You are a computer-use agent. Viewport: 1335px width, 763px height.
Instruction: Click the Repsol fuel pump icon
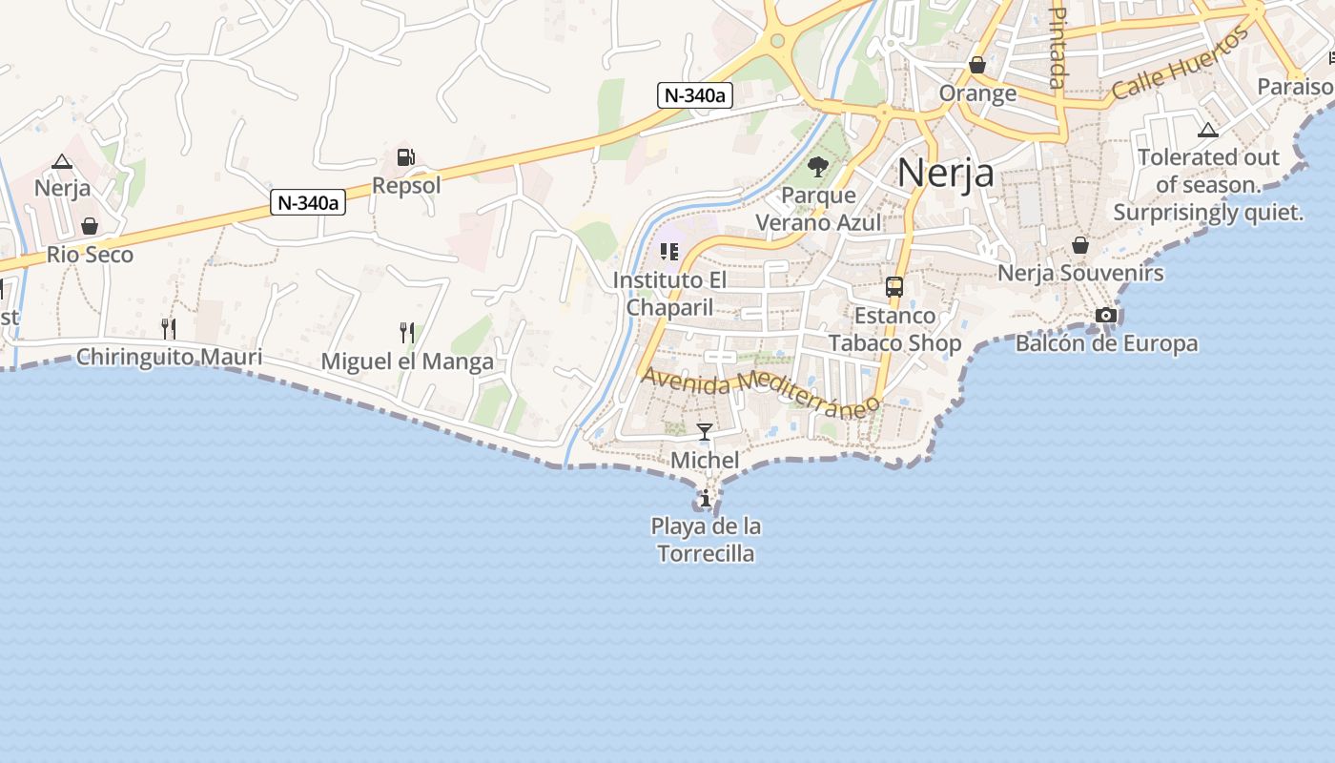click(405, 157)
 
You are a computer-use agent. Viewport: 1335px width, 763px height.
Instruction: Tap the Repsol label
click(406, 185)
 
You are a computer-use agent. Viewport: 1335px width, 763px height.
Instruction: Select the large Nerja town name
click(945, 173)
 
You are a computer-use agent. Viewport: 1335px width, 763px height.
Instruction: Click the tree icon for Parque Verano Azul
click(817, 168)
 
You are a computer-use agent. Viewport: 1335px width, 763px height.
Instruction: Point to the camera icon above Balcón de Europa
click(1105, 315)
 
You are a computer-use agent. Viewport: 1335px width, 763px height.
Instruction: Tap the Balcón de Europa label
click(1106, 343)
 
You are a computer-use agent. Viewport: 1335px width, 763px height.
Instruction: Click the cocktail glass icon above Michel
click(705, 432)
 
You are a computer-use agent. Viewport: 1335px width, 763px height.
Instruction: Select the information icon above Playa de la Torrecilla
click(706, 498)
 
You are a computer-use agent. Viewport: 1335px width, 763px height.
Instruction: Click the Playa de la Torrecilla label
click(706, 540)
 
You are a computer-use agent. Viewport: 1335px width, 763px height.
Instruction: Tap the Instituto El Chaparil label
click(669, 294)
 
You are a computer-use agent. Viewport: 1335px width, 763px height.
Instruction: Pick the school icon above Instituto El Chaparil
click(669, 252)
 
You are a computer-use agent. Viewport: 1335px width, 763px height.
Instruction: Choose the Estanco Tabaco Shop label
click(894, 329)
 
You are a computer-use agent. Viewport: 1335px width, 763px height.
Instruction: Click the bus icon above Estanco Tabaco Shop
click(894, 286)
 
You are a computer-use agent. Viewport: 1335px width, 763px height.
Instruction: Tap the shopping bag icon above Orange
click(977, 65)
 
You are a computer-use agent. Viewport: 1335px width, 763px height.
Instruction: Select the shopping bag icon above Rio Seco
click(90, 226)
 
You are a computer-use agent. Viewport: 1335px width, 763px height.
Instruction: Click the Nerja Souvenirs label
click(1080, 273)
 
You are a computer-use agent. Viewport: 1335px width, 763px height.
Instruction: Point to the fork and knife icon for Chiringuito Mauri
click(169, 329)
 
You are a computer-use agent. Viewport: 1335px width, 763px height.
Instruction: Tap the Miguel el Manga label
click(407, 361)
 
